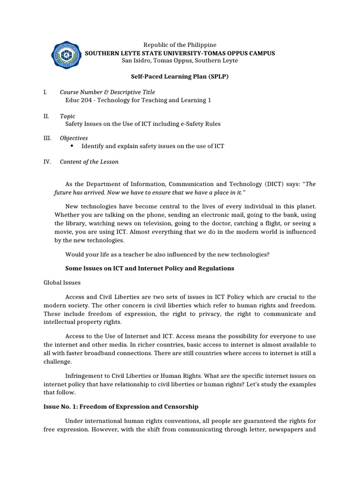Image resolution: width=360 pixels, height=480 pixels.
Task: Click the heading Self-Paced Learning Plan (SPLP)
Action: pos(179,76)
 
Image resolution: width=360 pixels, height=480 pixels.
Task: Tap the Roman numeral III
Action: pos(46,138)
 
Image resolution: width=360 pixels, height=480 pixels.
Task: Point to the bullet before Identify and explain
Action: pos(72,146)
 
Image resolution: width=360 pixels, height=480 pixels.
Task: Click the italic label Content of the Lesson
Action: pos(89,162)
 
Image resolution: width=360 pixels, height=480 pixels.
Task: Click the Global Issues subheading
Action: pos(62,283)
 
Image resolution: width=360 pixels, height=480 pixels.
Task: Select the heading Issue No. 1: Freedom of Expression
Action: pos(121,406)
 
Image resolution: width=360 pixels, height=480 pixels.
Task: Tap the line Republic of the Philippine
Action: pos(180,45)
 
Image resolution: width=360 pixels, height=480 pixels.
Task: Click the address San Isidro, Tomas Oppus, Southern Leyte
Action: pos(180,60)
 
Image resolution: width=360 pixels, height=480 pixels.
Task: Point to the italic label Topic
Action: pos(67,116)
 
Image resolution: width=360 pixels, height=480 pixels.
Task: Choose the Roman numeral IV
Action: pos(46,162)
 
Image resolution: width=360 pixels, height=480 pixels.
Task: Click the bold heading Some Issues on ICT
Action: pos(149,269)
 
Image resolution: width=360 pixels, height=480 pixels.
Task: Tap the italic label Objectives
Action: pos(74,138)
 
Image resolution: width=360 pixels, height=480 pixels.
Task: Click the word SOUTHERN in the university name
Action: pos(100,53)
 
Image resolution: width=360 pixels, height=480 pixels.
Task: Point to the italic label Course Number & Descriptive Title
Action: pos(107,92)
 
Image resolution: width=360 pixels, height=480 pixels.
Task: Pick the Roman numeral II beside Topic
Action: pos(45,116)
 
